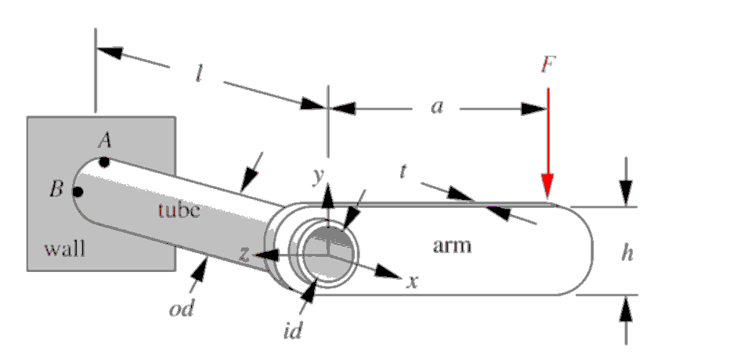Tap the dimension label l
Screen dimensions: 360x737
(x=199, y=74)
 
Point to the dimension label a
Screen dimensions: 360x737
(x=436, y=107)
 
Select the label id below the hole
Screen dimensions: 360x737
(x=292, y=332)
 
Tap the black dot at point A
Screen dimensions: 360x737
(x=105, y=162)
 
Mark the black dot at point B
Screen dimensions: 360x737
(x=77, y=191)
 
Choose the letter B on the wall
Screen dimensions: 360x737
(x=56, y=190)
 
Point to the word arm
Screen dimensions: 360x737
(x=452, y=246)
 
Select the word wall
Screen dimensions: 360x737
(x=64, y=250)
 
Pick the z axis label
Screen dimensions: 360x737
(x=245, y=253)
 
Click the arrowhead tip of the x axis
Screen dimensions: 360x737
(x=400, y=276)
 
